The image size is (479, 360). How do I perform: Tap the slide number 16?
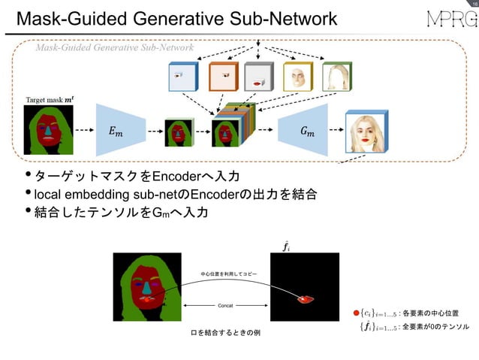click(x=471, y=5)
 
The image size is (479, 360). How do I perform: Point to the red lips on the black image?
click(x=305, y=299)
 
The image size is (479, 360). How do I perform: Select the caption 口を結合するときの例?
click(x=221, y=331)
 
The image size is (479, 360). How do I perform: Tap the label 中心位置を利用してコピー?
click(x=228, y=274)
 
